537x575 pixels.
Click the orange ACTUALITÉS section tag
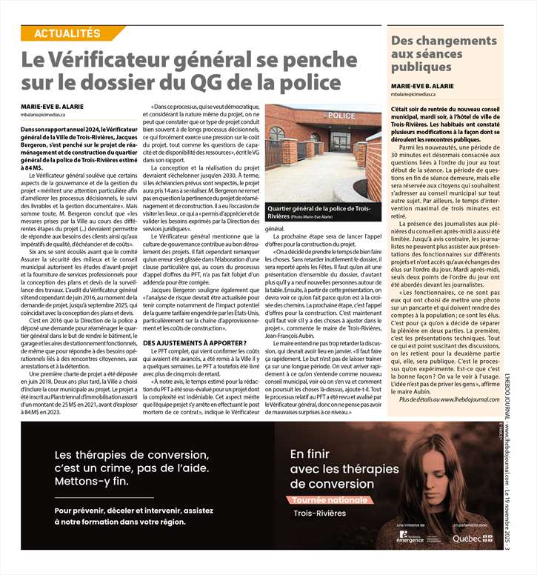(67, 33)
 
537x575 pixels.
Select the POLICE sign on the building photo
(341, 116)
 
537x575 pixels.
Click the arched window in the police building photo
(277, 134)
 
